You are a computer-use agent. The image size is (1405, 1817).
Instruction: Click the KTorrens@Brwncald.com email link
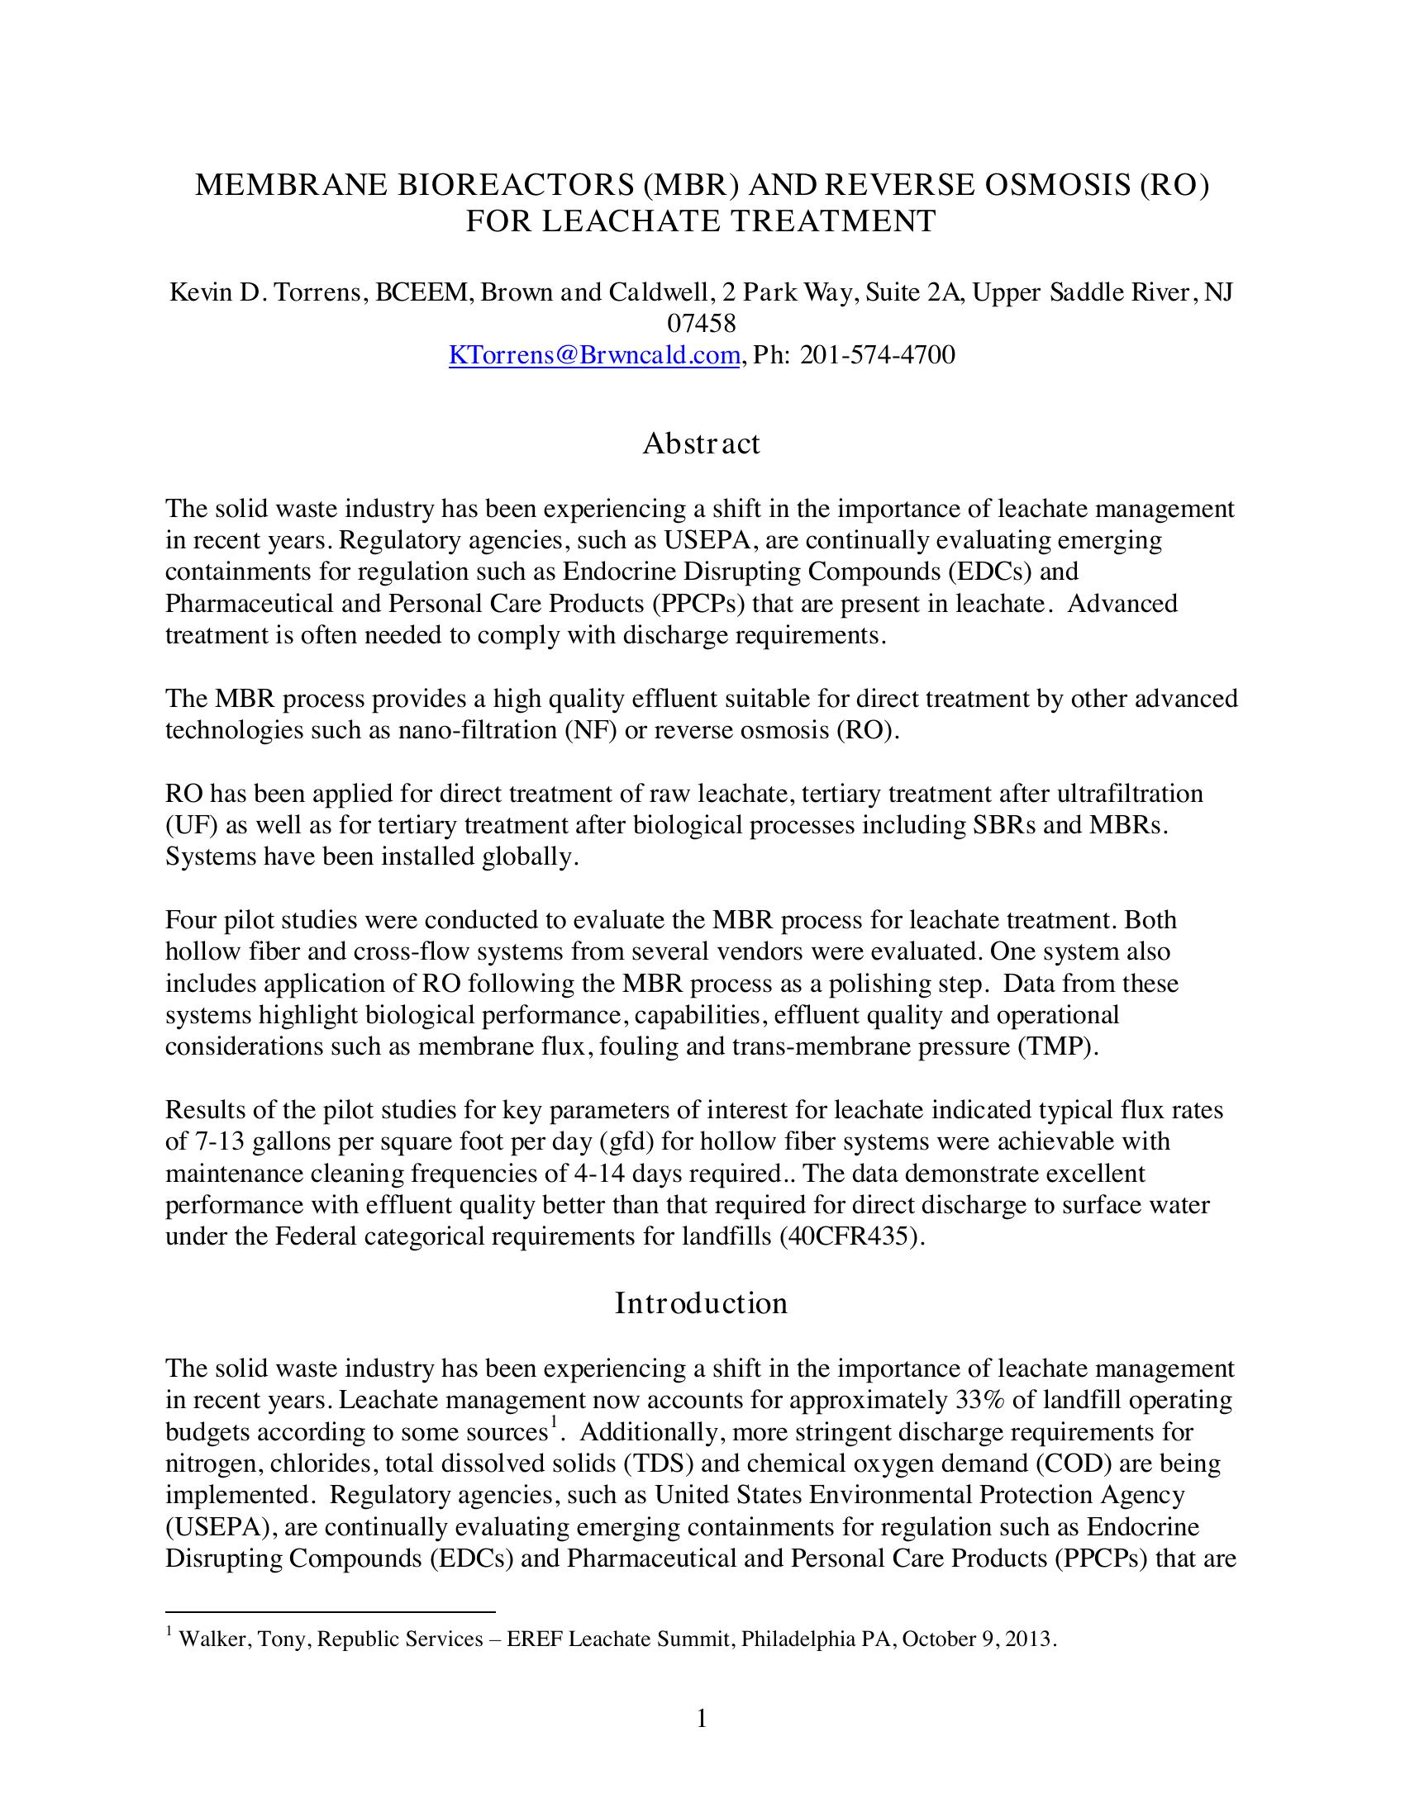coord(593,355)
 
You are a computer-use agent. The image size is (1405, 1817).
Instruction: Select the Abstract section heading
coord(701,444)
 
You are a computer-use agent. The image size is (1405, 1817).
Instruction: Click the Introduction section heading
coord(701,1302)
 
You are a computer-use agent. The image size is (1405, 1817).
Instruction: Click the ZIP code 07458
coord(702,324)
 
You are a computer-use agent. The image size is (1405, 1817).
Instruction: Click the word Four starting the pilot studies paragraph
coord(191,920)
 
